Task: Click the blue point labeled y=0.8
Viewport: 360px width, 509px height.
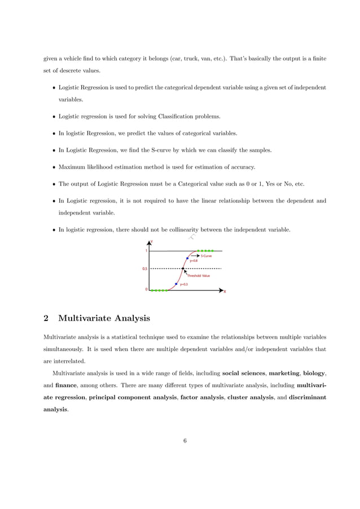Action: point(187,258)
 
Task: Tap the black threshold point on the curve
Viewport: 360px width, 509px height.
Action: point(182,269)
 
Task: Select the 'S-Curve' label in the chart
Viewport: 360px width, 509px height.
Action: point(207,256)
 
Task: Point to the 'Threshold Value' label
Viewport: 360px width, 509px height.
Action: point(198,276)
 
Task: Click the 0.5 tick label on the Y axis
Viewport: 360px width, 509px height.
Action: point(145,269)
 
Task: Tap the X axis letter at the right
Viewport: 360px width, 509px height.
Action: point(225,292)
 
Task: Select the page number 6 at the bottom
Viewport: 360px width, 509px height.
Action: point(185,441)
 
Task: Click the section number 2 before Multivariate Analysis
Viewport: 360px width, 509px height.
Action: point(46,319)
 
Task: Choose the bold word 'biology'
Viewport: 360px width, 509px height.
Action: point(314,373)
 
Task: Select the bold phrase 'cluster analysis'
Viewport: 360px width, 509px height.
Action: point(249,397)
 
